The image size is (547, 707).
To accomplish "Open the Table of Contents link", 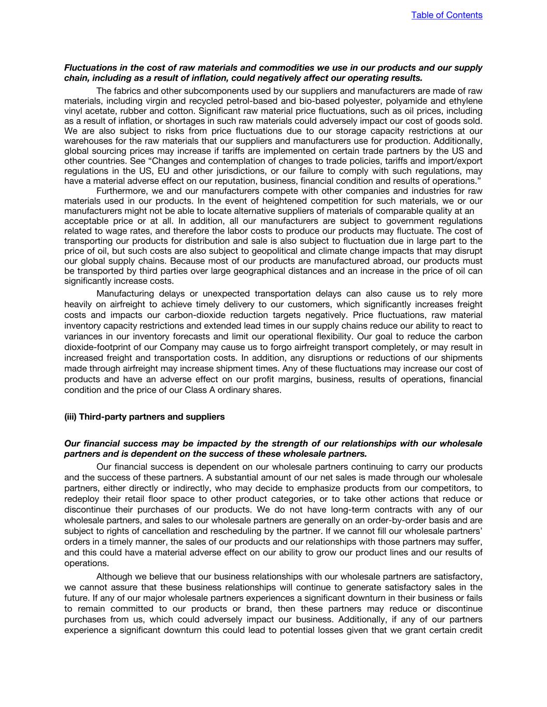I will pos(446,15).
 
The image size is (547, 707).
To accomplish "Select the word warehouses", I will pos(87,141).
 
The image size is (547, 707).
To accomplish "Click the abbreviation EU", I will pos(165,171).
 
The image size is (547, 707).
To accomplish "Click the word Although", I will pos(115,577).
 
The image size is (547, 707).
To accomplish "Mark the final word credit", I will pos(470,630).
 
